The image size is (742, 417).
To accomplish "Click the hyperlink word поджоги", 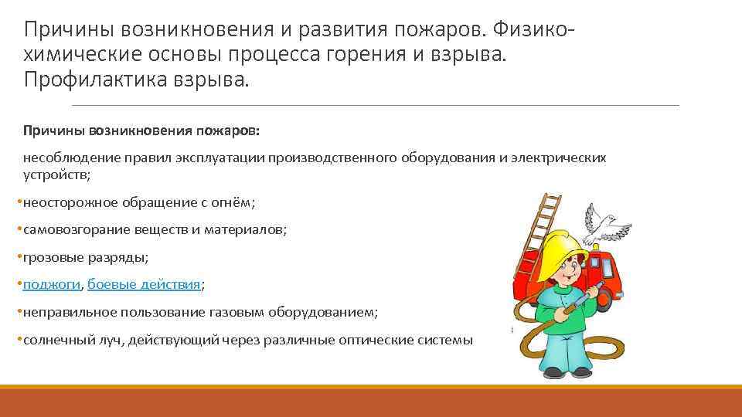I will [x=52, y=284].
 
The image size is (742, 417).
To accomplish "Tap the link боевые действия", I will [x=144, y=284].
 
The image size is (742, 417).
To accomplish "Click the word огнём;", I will [x=230, y=202].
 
